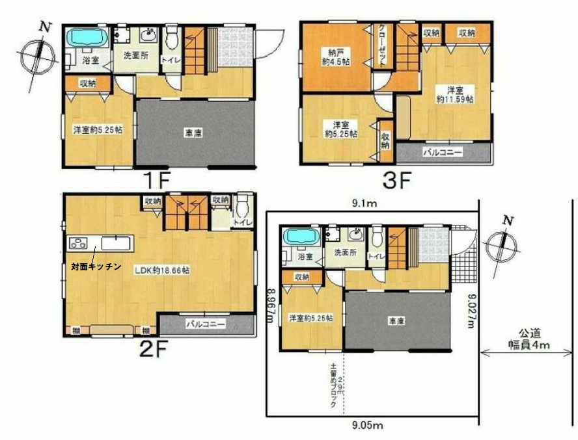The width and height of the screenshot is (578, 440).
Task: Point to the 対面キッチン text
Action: pos(96,266)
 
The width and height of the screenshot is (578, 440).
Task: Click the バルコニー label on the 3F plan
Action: pos(443,153)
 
